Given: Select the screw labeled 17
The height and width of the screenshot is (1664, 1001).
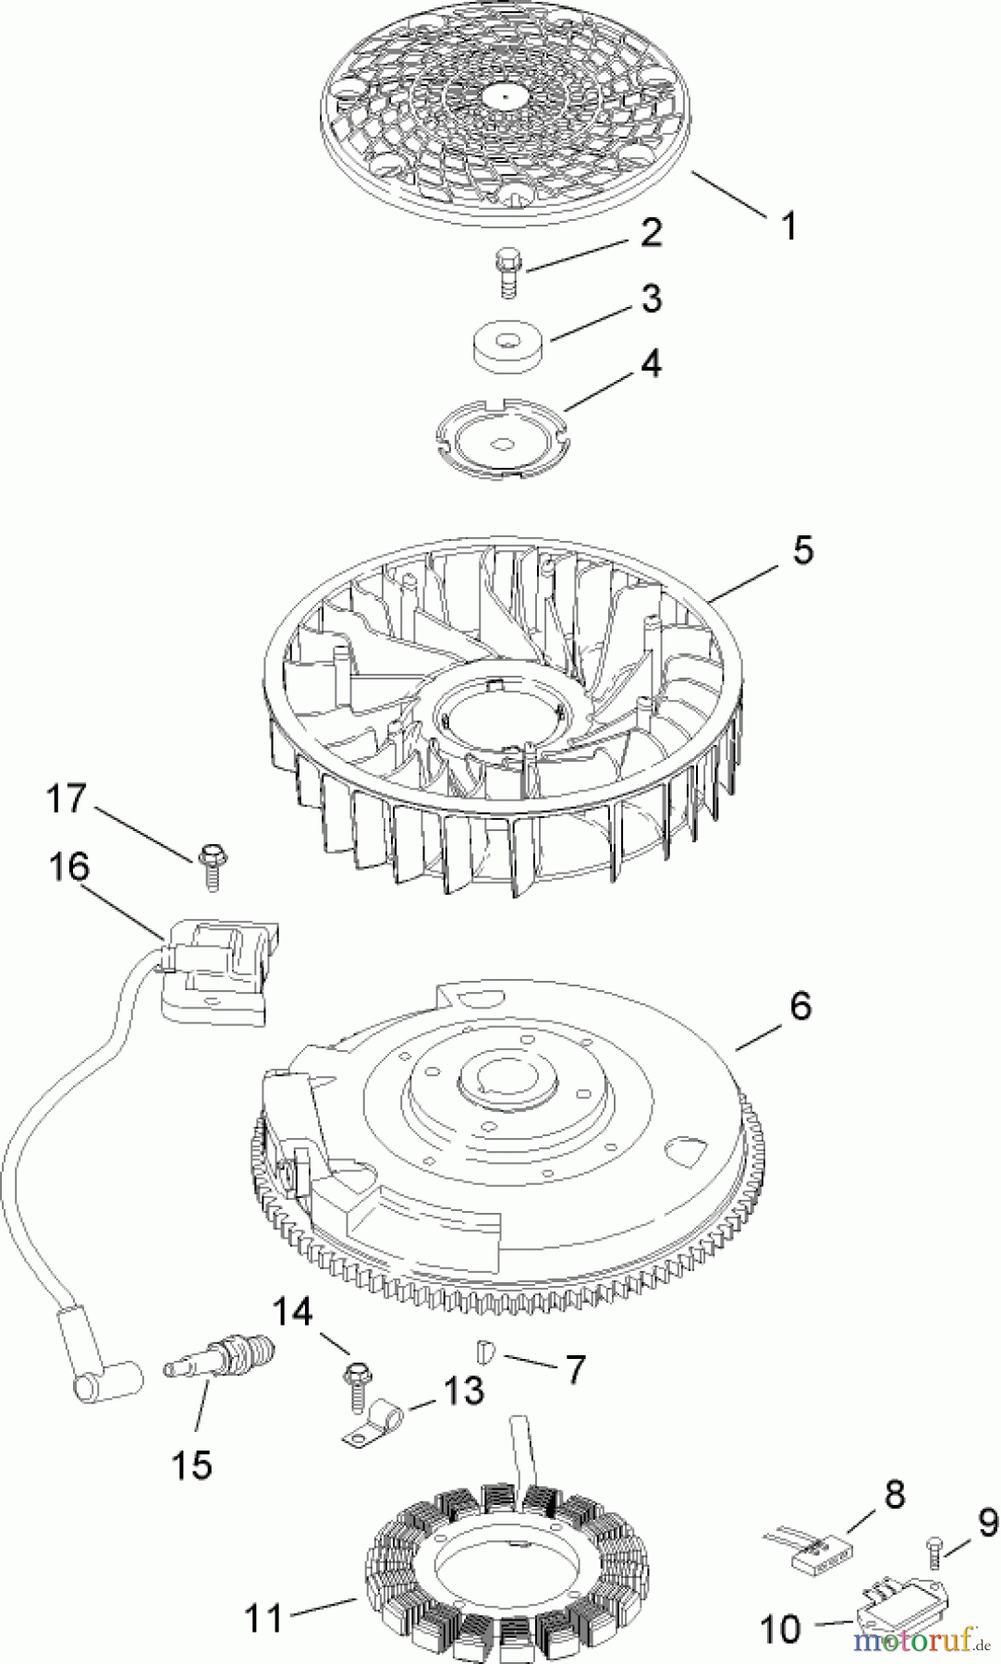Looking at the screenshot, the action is tap(212, 865).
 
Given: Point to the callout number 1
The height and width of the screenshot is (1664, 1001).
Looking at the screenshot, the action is tap(789, 226).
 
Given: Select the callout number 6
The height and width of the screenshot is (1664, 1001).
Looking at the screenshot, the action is tap(800, 1006).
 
